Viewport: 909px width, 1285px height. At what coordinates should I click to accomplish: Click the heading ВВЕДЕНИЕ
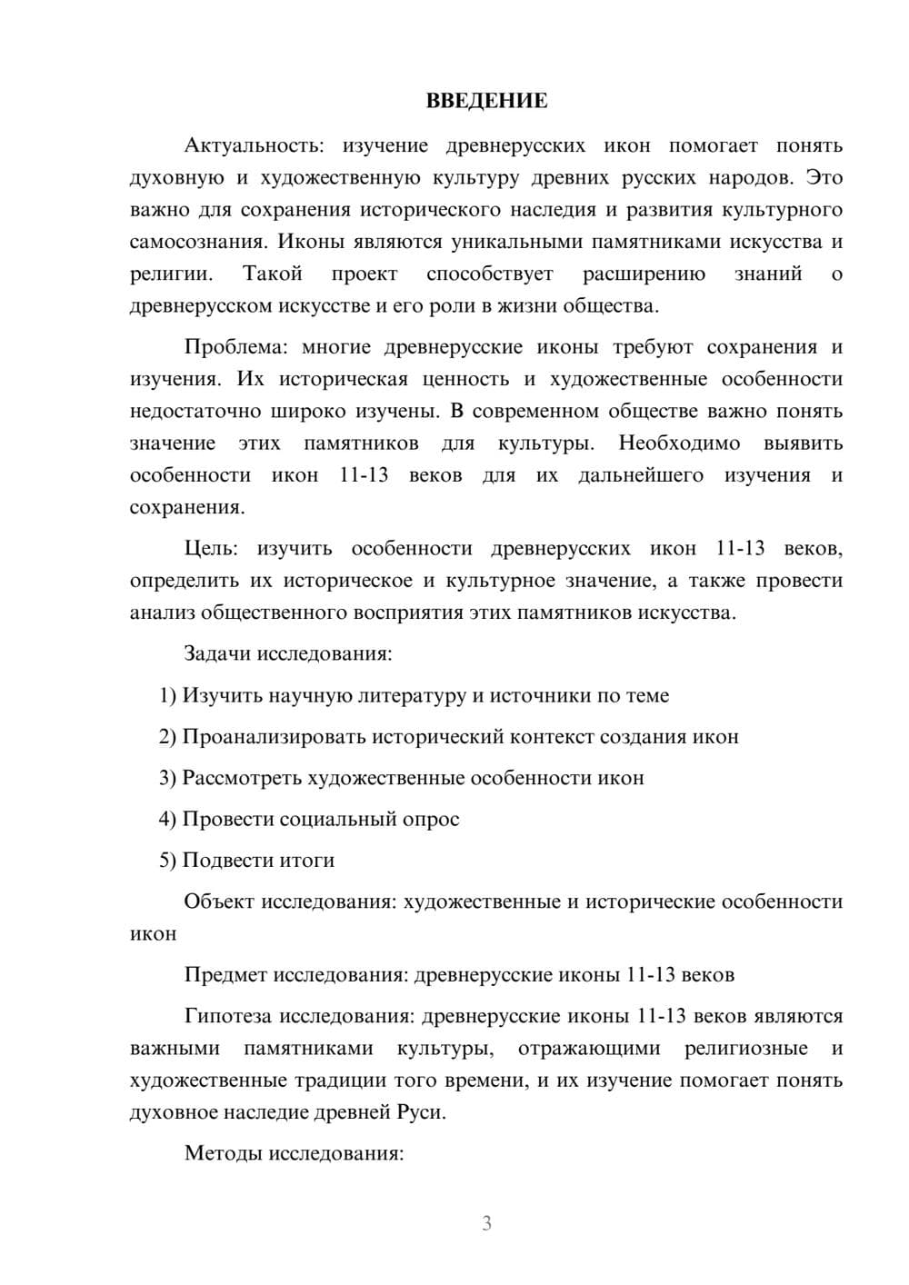click(x=486, y=101)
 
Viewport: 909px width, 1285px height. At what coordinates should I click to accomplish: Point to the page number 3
click(x=486, y=1223)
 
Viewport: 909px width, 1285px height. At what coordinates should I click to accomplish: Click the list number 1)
click(x=168, y=696)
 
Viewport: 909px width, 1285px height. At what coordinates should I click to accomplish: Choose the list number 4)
click(x=168, y=820)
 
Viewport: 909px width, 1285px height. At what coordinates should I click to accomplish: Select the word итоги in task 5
click(x=307, y=861)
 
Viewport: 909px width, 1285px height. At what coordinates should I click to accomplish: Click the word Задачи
click(x=217, y=654)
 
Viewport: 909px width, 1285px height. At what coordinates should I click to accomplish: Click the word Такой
click(x=272, y=274)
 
